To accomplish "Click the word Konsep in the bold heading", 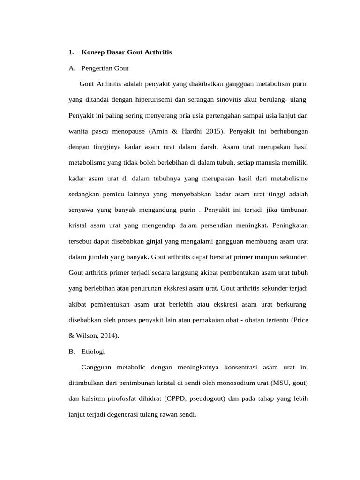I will (x=94, y=52).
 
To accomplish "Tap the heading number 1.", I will (x=70, y=52).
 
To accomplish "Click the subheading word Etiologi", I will (x=93, y=351).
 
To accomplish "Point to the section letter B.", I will (x=71, y=351).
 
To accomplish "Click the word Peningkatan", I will (x=290, y=225).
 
